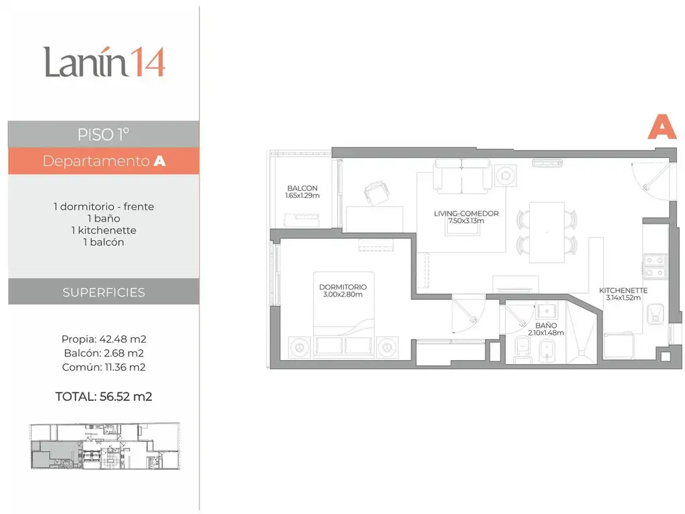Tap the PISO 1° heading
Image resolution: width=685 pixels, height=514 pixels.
tap(103, 135)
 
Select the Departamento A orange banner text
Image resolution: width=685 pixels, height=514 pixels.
tap(104, 161)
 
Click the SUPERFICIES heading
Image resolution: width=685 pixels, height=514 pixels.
tap(104, 292)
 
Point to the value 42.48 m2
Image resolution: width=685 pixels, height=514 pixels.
tap(123, 339)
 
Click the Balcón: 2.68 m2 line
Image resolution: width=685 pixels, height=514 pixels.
tap(104, 353)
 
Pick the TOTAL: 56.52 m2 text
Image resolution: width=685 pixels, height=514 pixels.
tap(104, 396)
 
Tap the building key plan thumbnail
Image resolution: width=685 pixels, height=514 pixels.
tap(105, 446)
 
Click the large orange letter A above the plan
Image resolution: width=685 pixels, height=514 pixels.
tap(662, 126)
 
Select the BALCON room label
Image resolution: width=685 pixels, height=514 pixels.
tap(302, 188)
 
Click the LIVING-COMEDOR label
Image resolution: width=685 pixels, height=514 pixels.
tap(466, 213)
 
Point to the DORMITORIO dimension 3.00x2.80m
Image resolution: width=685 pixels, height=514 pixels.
tap(342, 294)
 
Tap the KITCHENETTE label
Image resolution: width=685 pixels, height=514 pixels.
tap(623, 290)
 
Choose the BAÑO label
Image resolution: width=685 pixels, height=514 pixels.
tap(546, 326)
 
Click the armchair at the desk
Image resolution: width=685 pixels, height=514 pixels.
tap(377, 192)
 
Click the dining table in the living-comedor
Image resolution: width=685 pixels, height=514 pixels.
tap(547, 232)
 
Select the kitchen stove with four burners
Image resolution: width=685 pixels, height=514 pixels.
tap(655, 266)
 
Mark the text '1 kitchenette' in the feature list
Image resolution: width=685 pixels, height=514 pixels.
tap(104, 230)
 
